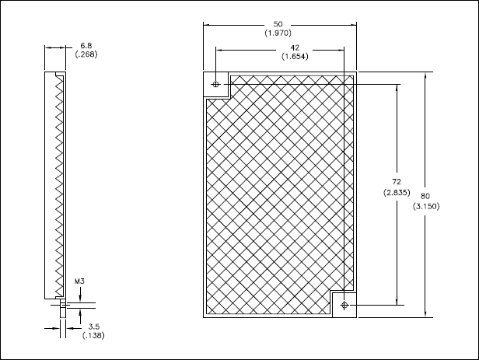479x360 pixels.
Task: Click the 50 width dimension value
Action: pos(278,24)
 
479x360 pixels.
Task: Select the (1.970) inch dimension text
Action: pos(278,33)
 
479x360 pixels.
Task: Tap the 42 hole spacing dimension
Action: pos(295,47)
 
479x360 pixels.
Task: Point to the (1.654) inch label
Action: pos(295,57)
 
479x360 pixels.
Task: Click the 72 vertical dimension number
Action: pos(397,182)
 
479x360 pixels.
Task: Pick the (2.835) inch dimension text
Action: pos(397,192)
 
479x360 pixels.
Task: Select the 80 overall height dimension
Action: pos(425,196)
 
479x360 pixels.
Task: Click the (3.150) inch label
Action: pos(426,206)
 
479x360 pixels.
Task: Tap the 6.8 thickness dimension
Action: pos(86,46)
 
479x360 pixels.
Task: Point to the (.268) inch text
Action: pos(86,54)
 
